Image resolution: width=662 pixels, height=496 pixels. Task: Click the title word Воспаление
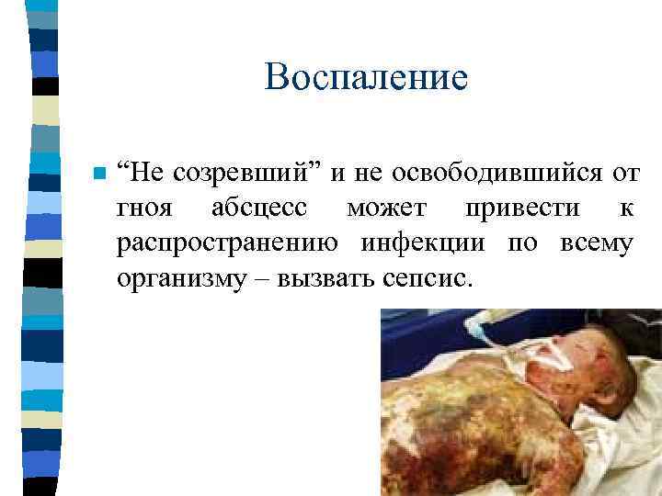click(x=366, y=77)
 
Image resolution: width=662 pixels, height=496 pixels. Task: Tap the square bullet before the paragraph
click(x=99, y=174)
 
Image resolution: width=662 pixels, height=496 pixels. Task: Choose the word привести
click(x=522, y=209)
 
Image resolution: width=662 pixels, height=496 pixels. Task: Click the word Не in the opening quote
click(x=145, y=173)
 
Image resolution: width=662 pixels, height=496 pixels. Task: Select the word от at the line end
click(x=624, y=173)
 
